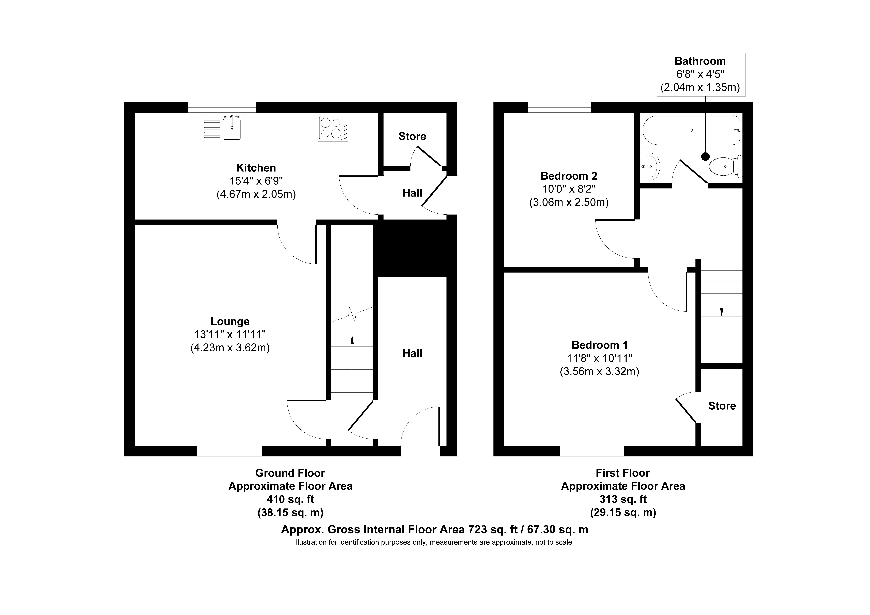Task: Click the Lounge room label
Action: pos(230,322)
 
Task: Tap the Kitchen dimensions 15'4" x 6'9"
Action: pos(256,181)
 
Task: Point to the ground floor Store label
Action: pos(412,136)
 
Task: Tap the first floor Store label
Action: pos(722,406)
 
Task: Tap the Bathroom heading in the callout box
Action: pos(700,61)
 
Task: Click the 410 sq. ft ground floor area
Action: pos(290,499)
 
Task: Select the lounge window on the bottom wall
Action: pos(229,451)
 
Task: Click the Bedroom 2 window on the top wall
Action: pos(560,107)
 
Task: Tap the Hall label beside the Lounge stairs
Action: pos(412,353)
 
